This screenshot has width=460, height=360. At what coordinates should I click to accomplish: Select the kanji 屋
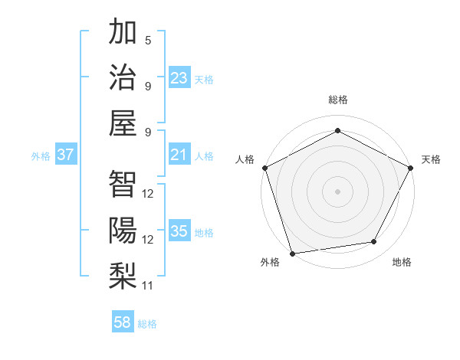pyautogui.click(x=123, y=123)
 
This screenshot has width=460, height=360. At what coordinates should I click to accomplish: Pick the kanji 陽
pyautogui.click(x=123, y=230)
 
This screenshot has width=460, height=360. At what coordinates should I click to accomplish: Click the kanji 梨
pyautogui.click(x=123, y=275)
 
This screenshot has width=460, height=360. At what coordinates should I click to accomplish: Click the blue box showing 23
pyautogui.click(x=179, y=78)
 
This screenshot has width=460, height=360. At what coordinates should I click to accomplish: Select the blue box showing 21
pyautogui.click(x=179, y=155)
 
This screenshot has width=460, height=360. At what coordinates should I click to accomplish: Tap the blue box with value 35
pyautogui.click(x=179, y=232)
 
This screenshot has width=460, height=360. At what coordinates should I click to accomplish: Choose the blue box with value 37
pyautogui.click(x=66, y=155)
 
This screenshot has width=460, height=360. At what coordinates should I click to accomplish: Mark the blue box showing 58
pyautogui.click(x=123, y=322)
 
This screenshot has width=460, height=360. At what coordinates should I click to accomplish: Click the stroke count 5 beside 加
pyautogui.click(x=147, y=41)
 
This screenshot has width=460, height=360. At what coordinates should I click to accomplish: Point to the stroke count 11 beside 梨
pyautogui.click(x=148, y=286)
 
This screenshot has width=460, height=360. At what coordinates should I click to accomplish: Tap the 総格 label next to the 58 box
pyautogui.click(x=147, y=324)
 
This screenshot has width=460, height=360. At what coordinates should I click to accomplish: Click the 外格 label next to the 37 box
pyautogui.click(x=41, y=156)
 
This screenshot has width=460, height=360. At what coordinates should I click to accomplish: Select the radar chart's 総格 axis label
pyautogui.click(x=337, y=100)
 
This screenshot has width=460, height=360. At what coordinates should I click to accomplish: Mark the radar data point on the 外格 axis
pyautogui.click(x=292, y=253)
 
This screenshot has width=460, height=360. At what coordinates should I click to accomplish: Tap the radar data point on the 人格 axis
pyautogui.click(x=264, y=167)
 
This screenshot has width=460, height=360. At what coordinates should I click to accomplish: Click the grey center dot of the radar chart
pyautogui.click(x=337, y=191)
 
